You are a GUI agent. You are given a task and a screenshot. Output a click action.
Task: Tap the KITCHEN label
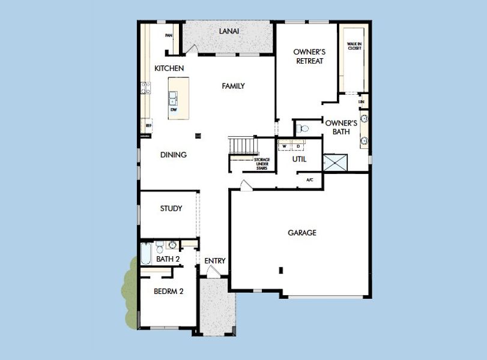click(169, 68)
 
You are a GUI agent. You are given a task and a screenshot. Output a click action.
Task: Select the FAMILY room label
click(233, 86)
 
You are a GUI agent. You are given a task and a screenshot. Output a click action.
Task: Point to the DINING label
click(173, 154)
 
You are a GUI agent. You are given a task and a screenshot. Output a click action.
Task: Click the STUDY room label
click(171, 208)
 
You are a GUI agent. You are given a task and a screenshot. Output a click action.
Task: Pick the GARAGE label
click(301, 232)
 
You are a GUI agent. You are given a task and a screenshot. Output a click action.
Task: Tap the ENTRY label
click(214, 260)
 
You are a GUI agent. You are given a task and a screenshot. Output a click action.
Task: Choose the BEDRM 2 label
click(168, 292)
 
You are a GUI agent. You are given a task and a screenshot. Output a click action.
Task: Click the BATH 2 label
click(168, 259)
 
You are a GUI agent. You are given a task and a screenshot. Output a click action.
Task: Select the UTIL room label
click(299, 159)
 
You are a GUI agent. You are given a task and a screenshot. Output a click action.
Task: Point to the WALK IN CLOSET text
click(354, 46)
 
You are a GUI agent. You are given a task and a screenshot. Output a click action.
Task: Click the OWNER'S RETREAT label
click(309, 56)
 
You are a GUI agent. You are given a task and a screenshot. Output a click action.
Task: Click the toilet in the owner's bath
click(304, 128)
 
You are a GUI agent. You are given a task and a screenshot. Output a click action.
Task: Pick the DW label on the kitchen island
click(174, 110)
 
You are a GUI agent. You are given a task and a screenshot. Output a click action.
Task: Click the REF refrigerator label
click(148, 126)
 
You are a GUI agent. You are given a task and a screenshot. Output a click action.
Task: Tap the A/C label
click(310, 179)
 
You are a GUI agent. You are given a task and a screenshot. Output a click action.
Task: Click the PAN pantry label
click(169, 35)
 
